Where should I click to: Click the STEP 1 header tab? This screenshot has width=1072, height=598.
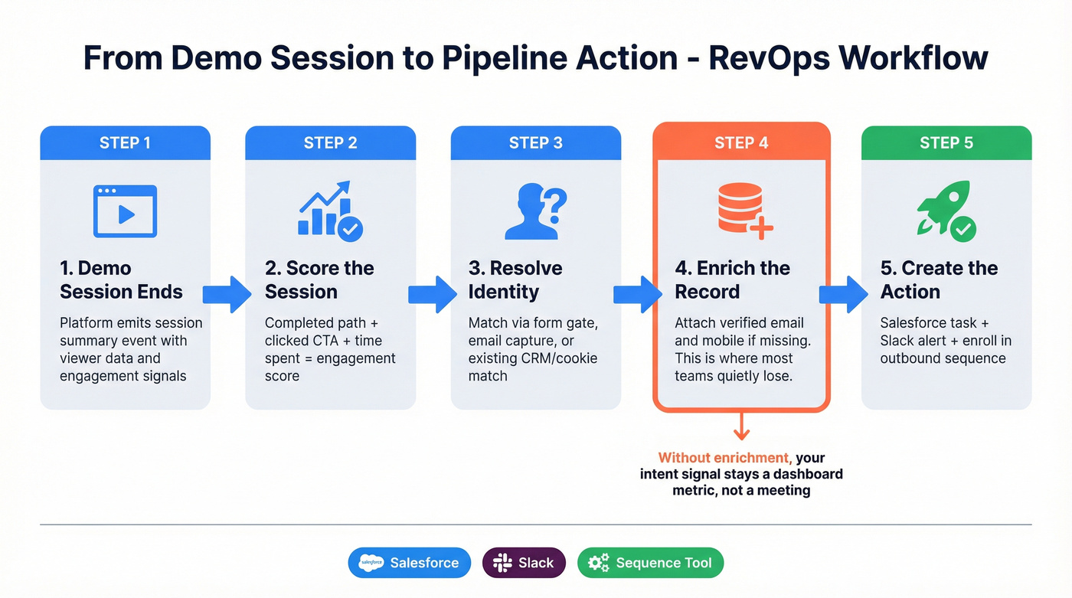pos(125,143)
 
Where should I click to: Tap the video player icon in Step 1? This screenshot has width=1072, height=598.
pos(125,211)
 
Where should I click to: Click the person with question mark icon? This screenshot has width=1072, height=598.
pos(535,211)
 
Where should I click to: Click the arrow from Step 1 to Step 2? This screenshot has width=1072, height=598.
pos(227,294)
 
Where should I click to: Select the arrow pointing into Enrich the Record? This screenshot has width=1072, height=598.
pos(637,294)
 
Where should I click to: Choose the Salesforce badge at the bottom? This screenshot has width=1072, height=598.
pos(409,563)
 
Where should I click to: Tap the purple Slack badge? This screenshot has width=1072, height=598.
pos(524,563)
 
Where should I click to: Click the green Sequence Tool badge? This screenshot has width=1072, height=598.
pos(649,563)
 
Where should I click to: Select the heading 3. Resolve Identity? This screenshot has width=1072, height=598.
pos(515,279)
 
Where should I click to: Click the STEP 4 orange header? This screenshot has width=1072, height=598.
pos(740,143)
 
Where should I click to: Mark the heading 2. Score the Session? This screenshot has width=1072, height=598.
pos(319,279)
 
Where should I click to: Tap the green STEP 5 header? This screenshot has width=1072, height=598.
pos(946,143)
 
